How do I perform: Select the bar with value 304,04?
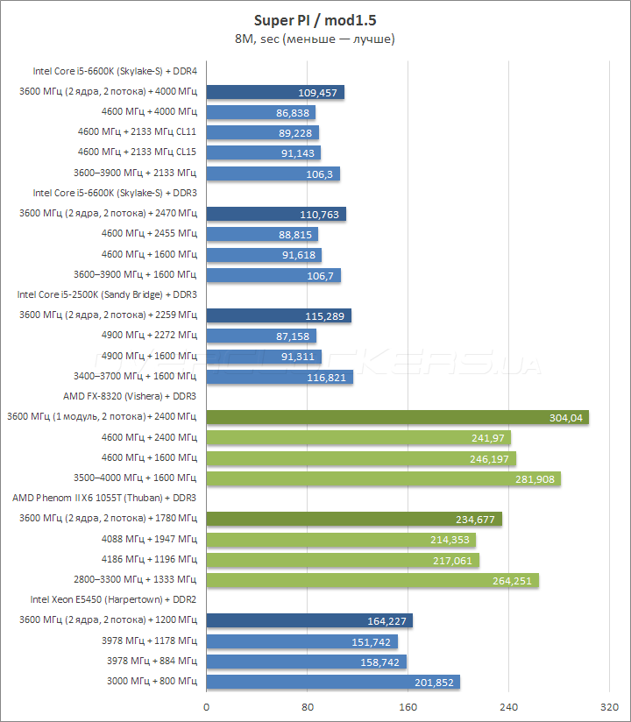click(397, 417)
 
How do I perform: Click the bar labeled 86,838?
click(260, 112)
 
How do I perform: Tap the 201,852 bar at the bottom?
click(333, 682)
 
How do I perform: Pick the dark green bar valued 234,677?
click(354, 519)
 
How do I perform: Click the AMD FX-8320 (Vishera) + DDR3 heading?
click(130, 396)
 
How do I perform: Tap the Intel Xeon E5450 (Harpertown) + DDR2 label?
click(113, 599)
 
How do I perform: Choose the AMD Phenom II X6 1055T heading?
click(104, 498)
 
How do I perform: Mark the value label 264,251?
click(512, 580)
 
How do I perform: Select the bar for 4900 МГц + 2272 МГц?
click(261, 336)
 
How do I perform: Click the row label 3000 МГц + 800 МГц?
click(152, 681)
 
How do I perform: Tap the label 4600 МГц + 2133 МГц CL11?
click(137, 132)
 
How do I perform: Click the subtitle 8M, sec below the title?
click(315, 39)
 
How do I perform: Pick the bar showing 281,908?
click(383, 478)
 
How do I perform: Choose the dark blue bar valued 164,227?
click(309, 620)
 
